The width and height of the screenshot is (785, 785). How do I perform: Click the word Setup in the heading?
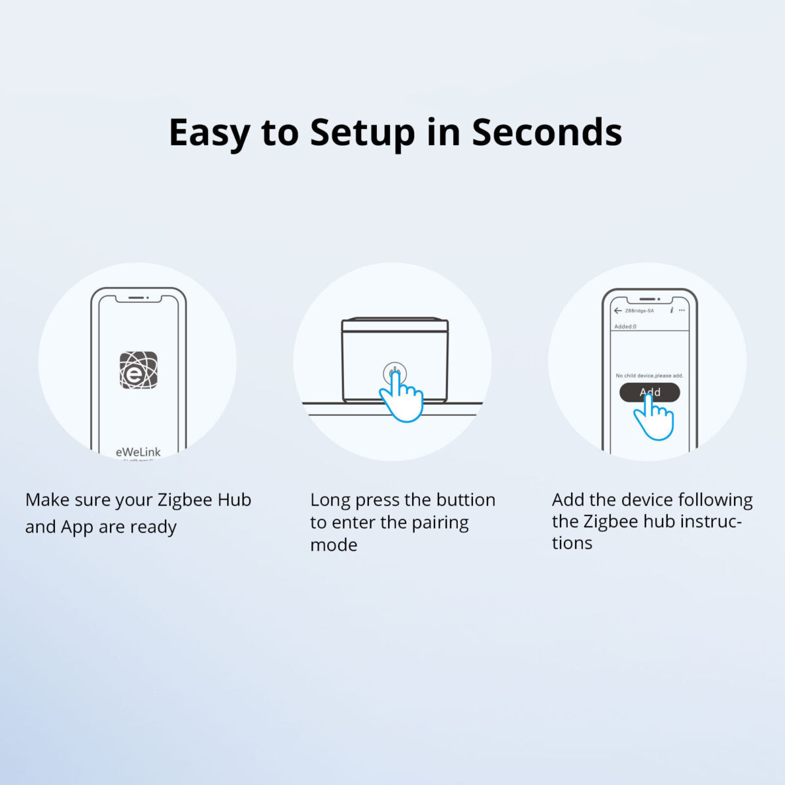coord(362,133)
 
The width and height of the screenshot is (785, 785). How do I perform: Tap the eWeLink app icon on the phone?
coord(138,370)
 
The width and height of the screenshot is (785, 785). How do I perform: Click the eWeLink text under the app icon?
coord(138,452)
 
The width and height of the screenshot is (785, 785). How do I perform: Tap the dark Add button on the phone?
coord(650,392)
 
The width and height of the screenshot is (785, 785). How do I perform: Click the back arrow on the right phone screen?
coord(618,311)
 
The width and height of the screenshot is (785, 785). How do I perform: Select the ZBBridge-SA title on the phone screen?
coord(639,311)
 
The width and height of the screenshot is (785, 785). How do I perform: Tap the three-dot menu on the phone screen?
coord(682,310)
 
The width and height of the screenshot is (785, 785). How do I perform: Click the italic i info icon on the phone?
coord(671,310)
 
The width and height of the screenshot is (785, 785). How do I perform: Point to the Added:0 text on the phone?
coord(625,326)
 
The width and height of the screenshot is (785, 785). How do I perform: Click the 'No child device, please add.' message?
coord(649,375)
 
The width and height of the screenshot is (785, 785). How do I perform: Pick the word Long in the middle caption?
coord(330,500)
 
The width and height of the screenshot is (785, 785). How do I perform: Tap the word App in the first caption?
coord(77,527)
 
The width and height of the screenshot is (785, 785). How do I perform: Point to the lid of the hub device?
coord(395,324)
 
